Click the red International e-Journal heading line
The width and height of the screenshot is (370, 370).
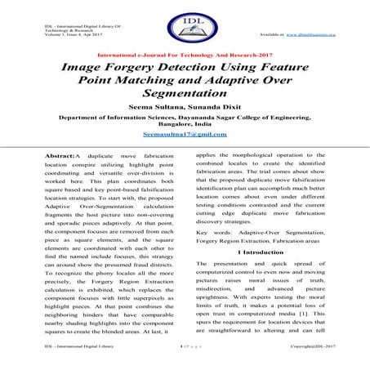point(185,56)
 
